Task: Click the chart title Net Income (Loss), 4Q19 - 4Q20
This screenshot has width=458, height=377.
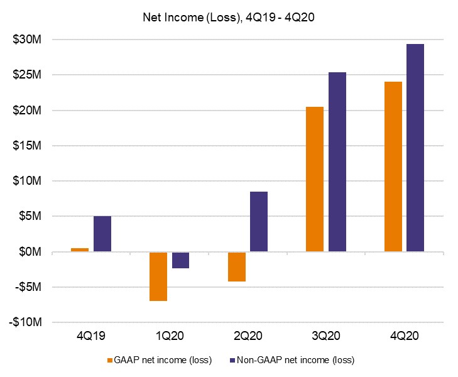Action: click(x=229, y=17)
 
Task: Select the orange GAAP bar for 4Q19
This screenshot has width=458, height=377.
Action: click(x=80, y=250)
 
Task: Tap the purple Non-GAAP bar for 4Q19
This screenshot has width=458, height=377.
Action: click(x=102, y=234)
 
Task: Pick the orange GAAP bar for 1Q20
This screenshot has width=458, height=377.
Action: click(x=158, y=276)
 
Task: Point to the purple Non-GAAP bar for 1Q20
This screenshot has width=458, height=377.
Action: click(x=180, y=260)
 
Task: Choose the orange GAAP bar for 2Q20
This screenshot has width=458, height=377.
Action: click(x=237, y=266)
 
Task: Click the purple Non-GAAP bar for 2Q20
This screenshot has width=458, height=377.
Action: click(x=259, y=222)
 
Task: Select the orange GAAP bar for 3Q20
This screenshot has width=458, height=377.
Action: click(x=315, y=179)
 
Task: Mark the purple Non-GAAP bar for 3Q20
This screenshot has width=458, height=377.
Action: click(x=337, y=162)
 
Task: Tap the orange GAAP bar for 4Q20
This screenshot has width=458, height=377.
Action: click(x=393, y=167)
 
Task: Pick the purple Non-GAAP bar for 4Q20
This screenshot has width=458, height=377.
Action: click(x=415, y=148)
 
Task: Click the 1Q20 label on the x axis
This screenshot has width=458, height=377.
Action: click(x=169, y=336)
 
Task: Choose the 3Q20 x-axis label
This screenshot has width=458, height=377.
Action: click(x=326, y=336)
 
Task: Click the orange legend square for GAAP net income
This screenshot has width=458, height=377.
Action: click(x=110, y=361)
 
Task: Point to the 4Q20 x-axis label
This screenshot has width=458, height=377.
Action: click(x=405, y=336)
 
